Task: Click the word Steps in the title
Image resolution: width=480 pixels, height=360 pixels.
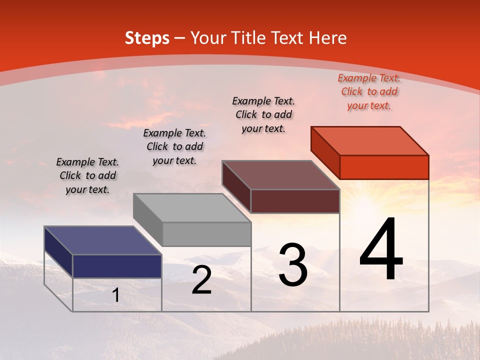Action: (147, 38)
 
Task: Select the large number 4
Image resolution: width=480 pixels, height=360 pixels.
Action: (381, 250)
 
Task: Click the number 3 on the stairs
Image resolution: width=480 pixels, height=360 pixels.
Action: (293, 265)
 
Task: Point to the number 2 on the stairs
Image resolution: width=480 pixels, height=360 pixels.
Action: (201, 280)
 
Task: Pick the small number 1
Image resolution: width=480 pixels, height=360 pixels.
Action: (116, 295)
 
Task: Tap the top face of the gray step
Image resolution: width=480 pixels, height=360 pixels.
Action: (192, 208)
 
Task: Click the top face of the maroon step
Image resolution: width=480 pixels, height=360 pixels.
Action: (281, 175)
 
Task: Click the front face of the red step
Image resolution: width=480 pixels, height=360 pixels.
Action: (384, 167)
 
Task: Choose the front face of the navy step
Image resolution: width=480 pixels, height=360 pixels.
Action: (117, 266)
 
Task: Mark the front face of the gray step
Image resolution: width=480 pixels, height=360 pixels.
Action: (206, 234)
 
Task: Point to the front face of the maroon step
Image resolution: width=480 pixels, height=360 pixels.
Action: (295, 201)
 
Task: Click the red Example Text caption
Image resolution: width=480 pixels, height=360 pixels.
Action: (369, 91)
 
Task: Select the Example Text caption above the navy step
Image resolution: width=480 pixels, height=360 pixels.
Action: (87, 175)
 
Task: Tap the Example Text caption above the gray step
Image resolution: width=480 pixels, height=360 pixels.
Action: (174, 146)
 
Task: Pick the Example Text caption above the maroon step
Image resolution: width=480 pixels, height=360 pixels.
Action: (263, 114)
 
